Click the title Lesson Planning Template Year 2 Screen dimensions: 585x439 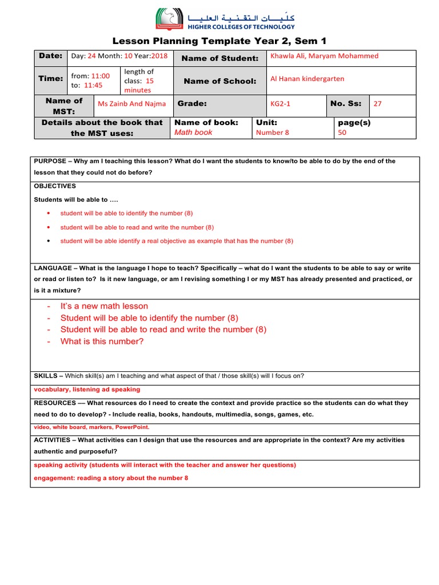[x=219, y=41]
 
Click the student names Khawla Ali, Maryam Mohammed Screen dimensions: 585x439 [x=324, y=56]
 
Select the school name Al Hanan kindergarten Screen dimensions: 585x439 [x=307, y=79]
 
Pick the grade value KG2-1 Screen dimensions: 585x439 [x=280, y=104]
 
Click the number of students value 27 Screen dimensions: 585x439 [x=377, y=104]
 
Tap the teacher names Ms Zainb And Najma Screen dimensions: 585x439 [x=132, y=104]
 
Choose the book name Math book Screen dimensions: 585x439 [x=193, y=133]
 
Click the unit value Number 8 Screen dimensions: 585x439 [x=273, y=133]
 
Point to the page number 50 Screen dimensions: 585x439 [x=342, y=133]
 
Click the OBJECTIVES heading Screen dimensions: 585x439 [x=55, y=186]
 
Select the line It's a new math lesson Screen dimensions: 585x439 [x=104, y=306]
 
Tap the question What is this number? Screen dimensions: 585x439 [x=102, y=342]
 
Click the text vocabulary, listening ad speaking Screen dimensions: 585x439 [x=87, y=390]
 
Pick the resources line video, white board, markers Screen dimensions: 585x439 [x=91, y=427]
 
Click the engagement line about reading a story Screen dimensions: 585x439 [x=111, y=478]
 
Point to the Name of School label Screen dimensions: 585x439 [x=220, y=81]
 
